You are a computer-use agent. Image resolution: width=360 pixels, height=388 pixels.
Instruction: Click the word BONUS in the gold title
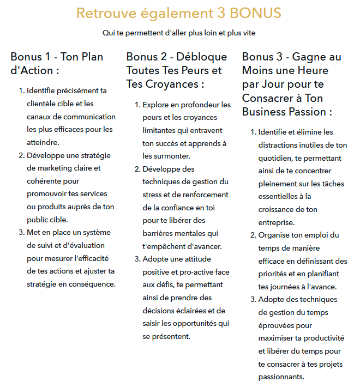[x=255, y=13]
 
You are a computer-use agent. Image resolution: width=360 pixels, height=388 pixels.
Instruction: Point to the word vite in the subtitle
[x=248, y=33]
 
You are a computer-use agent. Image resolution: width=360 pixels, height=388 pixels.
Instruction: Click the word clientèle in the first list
[x=44, y=104]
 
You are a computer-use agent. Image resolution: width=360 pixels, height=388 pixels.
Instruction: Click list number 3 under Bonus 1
[x=22, y=233]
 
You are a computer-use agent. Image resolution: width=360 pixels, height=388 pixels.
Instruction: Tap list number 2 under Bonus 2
[x=137, y=169]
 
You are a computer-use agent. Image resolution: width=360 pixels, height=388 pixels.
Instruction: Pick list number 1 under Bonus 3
[x=253, y=132]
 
